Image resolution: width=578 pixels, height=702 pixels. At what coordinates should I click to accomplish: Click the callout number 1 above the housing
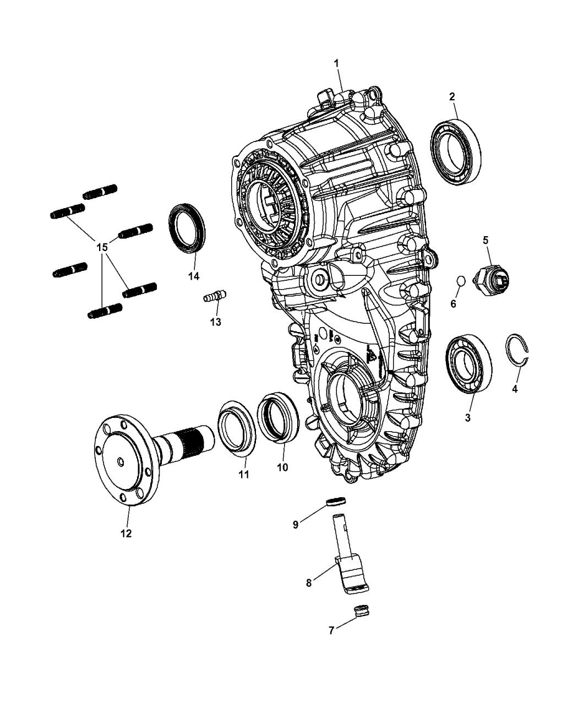tap(336, 64)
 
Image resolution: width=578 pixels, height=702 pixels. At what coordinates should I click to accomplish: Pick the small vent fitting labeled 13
tap(214, 297)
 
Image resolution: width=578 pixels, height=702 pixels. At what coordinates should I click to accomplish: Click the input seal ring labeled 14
tap(186, 229)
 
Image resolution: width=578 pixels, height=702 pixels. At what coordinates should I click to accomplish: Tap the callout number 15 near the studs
tap(102, 247)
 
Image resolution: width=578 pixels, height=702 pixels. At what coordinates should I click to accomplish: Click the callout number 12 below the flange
tap(126, 534)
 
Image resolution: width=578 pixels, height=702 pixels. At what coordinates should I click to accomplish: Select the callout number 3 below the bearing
tap(467, 418)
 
